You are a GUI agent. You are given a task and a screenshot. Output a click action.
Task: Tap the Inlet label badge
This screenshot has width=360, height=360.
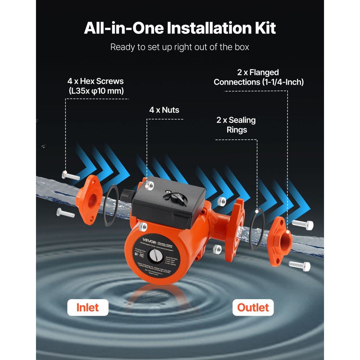(x=87, y=307)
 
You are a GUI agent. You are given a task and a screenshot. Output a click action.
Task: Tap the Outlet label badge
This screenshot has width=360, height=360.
(x=253, y=307)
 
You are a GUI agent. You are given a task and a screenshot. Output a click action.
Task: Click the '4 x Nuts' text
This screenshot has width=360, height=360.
(x=164, y=110)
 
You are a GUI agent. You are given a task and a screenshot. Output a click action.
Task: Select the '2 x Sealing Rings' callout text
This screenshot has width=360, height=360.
(x=236, y=125)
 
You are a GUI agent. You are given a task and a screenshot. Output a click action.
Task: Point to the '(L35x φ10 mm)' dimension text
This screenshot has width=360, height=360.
(x=96, y=91)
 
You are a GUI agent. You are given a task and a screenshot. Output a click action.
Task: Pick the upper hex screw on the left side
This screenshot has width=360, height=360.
(x=71, y=176)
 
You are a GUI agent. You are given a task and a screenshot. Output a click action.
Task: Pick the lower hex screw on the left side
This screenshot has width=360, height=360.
(x=66, y=212)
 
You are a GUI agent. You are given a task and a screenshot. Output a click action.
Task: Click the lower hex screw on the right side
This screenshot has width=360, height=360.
(x=300, y=266)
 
